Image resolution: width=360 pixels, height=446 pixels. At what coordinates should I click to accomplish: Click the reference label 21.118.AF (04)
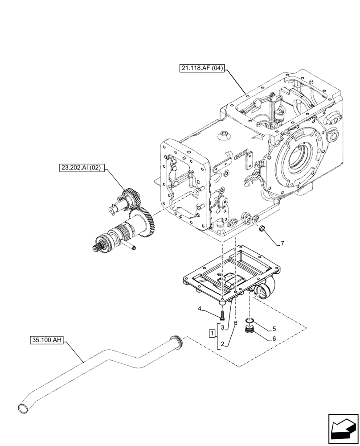[x=202, y=68]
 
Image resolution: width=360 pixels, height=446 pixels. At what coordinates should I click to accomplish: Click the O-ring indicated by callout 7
[x=262, y=229]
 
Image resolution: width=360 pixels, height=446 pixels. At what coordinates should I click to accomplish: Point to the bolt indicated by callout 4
[x=221, y=316]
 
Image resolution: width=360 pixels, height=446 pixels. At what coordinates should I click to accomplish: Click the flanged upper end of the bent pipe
[x=178, y=341]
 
